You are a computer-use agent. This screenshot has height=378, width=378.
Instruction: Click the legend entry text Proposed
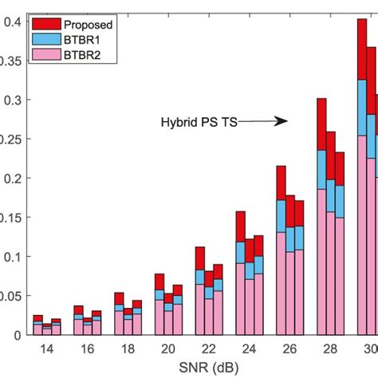click(88, 24)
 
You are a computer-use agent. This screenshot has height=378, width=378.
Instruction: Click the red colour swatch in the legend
click(46, 24)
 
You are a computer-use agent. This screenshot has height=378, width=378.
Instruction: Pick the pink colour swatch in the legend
click(46, 54)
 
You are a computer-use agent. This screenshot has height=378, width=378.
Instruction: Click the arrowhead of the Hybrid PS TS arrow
click(282, 122)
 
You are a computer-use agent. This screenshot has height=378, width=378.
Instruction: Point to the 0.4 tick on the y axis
click(11, 22)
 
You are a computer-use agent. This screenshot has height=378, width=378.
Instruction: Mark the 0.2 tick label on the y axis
click(11, 179)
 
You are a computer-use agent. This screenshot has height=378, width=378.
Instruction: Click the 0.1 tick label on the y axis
click(11, 257)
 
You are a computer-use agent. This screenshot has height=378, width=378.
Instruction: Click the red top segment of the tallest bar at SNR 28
click(322, 124)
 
